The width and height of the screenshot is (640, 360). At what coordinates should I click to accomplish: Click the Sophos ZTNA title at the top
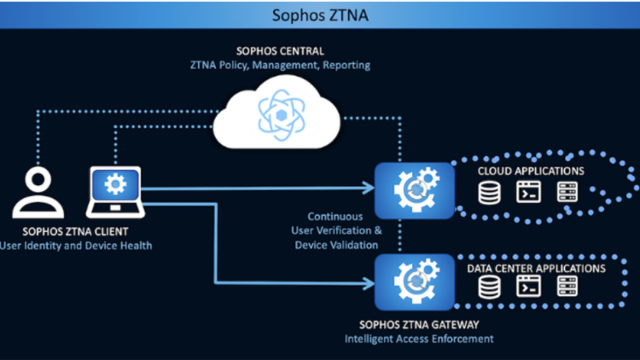320,14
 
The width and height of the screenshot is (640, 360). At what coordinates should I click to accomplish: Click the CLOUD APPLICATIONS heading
531,171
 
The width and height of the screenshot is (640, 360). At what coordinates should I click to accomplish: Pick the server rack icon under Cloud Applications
567,195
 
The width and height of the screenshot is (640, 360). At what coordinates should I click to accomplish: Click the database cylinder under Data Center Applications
490,289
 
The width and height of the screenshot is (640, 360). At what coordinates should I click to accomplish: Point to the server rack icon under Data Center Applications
567,289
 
